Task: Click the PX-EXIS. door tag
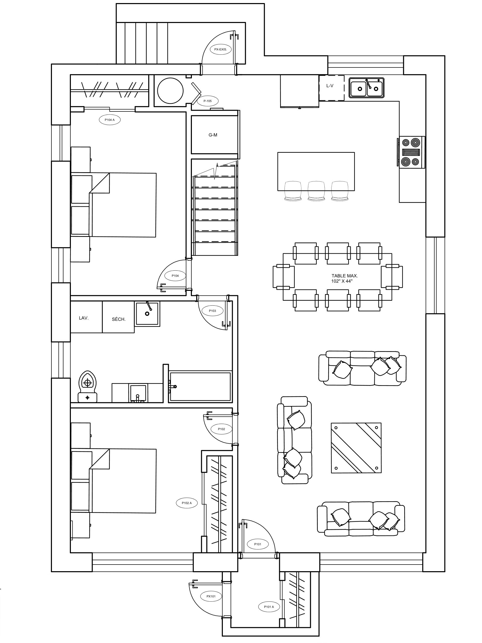220,49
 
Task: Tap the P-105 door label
207,101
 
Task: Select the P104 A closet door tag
110,120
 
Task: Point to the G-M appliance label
213,135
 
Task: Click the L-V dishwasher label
330,86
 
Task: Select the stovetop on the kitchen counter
411,152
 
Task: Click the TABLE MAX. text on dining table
345,275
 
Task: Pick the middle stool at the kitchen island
316,191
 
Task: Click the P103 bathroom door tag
213,311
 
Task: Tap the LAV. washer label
84,318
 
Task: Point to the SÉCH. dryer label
119,319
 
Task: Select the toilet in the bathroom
87,386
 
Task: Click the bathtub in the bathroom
200,386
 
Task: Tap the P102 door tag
222,429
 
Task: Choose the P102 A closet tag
187,503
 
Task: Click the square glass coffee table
356,448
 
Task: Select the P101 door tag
258,544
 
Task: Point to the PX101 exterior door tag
211,596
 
